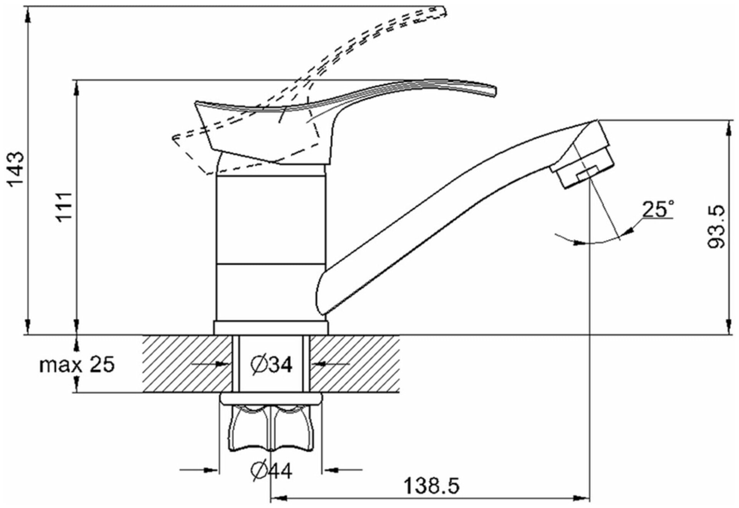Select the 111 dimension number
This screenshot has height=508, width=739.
pos(65,207)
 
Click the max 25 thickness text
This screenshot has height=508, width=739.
pos(77,365)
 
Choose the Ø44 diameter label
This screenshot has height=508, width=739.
pos(272,470)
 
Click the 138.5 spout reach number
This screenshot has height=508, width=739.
pos(431,486)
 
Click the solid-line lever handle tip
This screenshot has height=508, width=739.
pos(492,90)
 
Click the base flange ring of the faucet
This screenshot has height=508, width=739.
pos(271,328)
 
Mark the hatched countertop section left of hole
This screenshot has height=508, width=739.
pos(186,364)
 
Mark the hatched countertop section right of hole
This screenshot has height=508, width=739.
pos(355,364)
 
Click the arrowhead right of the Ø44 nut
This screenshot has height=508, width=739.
pos(330,469)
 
